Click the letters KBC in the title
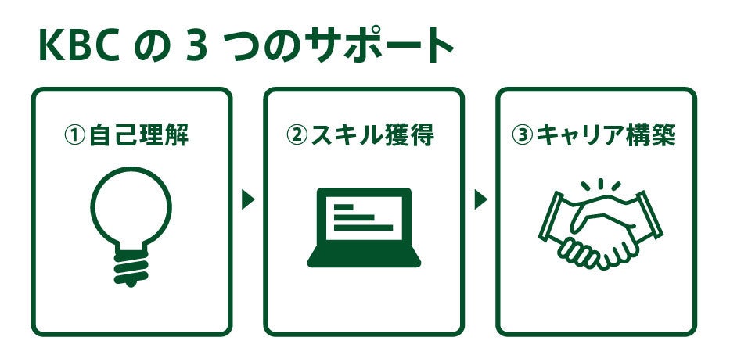[80, 46]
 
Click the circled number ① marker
[75, 135]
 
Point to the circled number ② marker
[297, 135]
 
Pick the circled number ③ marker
[523, 135]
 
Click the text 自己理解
[138, 135]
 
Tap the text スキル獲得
[372, 135]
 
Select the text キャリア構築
[606, 135]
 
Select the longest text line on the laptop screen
[364, 228]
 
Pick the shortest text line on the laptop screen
[344, 207]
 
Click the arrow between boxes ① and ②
[247, 199]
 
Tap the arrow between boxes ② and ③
[480, 199]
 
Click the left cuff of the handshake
[550, 217]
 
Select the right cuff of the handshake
[650, 215]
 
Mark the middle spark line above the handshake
[601, 184]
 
